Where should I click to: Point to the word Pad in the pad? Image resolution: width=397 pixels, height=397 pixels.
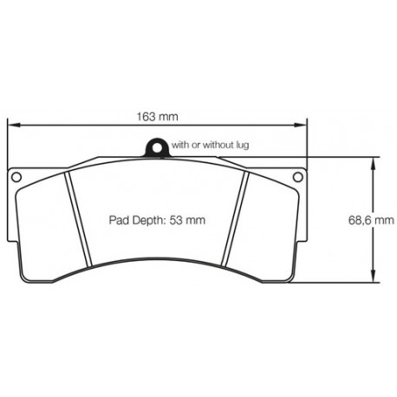click(x=119, y=221)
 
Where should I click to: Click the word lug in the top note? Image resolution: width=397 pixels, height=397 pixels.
click(x=243, y=146)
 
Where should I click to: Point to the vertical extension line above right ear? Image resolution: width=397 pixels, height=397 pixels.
click(x=309, y=143)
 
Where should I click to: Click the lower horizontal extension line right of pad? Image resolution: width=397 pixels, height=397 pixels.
click(x=342, y=283)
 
